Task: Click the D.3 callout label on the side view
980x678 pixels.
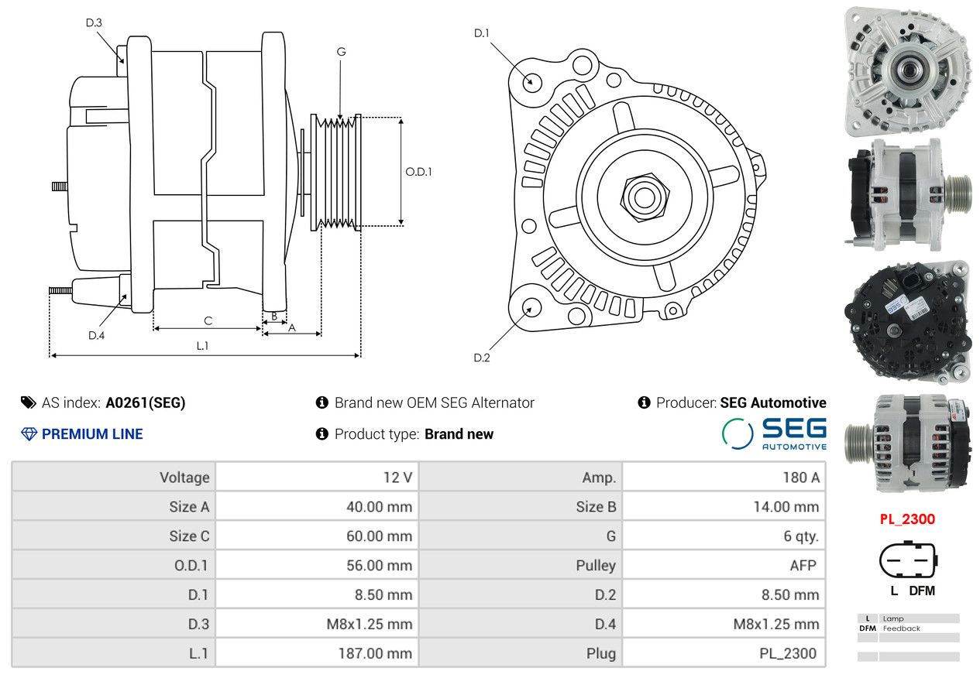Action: [94, 22]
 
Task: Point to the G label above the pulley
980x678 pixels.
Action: [341, 52]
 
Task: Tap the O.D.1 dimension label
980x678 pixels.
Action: [418, 172]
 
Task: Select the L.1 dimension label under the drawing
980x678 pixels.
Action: [202, 346]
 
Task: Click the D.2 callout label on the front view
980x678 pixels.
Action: [482, 358]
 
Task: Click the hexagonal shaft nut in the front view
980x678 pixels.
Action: [645, 197]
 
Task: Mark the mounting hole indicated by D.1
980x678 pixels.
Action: [532, 83]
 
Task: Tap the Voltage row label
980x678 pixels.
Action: [184, 478]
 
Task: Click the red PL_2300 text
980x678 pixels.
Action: [907, 519]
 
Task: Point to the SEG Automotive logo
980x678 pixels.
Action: [774, 433]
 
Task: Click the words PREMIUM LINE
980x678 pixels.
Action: [92, 433]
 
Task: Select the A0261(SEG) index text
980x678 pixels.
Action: [146, 402]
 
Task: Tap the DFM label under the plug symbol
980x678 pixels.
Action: [922, 591]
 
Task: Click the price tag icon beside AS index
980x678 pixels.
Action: [29, 402]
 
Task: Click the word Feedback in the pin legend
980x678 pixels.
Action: [901, 628]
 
